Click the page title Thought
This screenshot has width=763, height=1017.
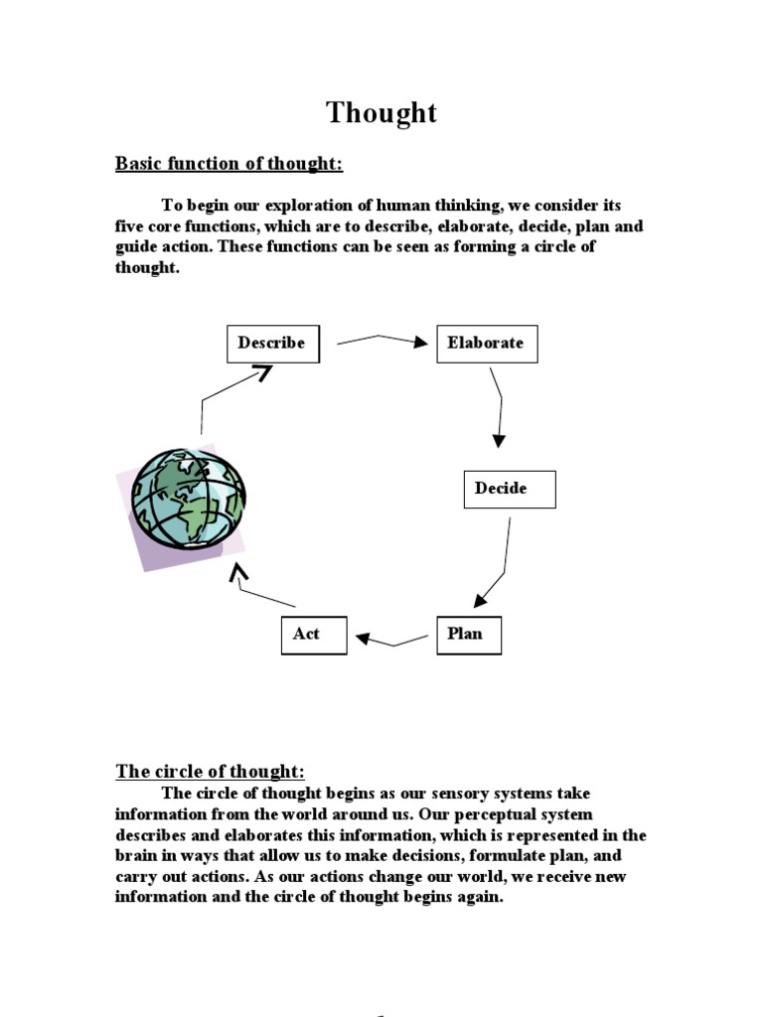[x=381, y=113]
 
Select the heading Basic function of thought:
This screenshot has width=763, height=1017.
[x=229, y=164]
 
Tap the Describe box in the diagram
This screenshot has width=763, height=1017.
[x=271, y=344]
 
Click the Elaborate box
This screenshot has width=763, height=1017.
[x=486, y=344]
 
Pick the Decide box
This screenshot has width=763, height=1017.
[x=510, y=489]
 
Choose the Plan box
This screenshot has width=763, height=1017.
[x=468, y=635]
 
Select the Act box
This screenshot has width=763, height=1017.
[x=314, y=635]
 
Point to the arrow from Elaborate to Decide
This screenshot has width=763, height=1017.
[x=499, y=407]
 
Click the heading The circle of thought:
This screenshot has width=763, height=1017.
[x=211, y=772]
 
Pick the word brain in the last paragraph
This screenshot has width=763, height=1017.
[x=137, y=856]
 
